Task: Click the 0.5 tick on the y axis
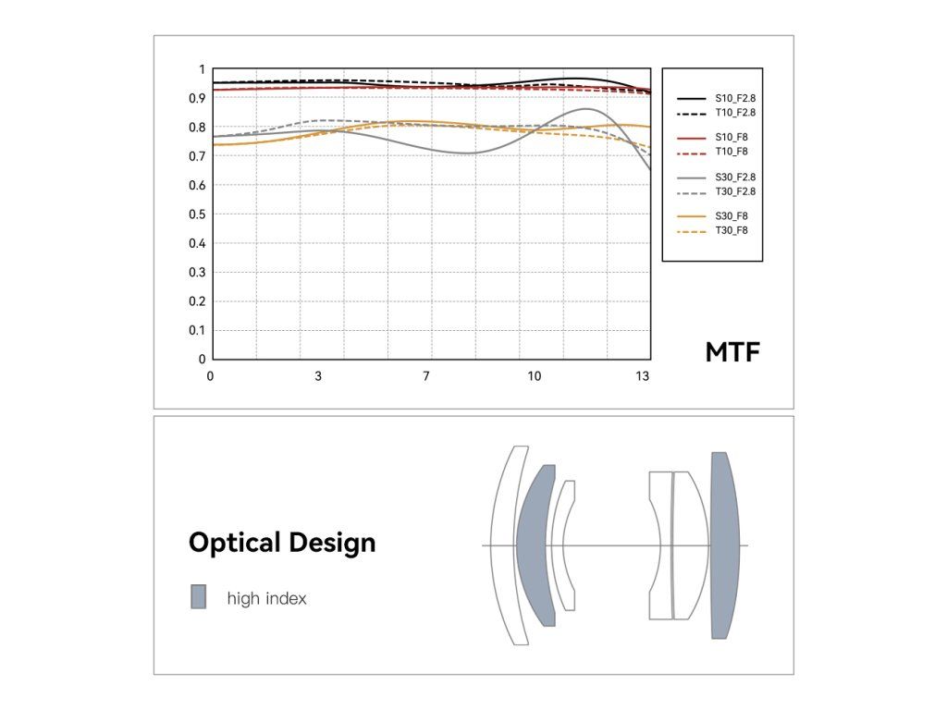point(195,214)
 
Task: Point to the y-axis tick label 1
point(201,69)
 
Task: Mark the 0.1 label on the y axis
point(195,330)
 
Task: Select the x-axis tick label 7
point(426,376)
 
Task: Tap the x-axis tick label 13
point(643,376)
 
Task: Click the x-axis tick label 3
point(318,376)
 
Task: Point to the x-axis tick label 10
point(535,376)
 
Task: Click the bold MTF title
point(732,352)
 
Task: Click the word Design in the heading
point(332,543)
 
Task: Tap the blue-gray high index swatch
point(198,597)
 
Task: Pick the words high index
point(266,599)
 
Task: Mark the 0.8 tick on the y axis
point(195,128)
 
